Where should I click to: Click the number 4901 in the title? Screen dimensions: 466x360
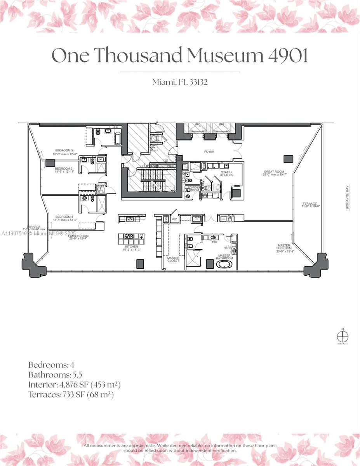point(288,55)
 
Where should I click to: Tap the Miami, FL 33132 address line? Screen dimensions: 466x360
point(180,82)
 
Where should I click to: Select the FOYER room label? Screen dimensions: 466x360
point(209,152)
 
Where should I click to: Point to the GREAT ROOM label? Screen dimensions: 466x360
point(275,172)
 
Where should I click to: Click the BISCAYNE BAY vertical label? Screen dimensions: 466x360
point(347,197)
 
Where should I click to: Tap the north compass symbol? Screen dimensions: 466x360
point(343,336)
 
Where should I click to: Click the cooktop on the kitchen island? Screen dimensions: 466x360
point(129,236)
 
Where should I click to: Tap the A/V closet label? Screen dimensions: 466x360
point(174,219)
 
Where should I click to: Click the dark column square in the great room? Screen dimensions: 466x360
point(288,158)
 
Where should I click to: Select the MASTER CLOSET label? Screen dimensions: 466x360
point(173,259)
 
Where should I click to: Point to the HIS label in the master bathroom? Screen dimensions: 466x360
point(214,242)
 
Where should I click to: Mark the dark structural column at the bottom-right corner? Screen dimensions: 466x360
point(316,265)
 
